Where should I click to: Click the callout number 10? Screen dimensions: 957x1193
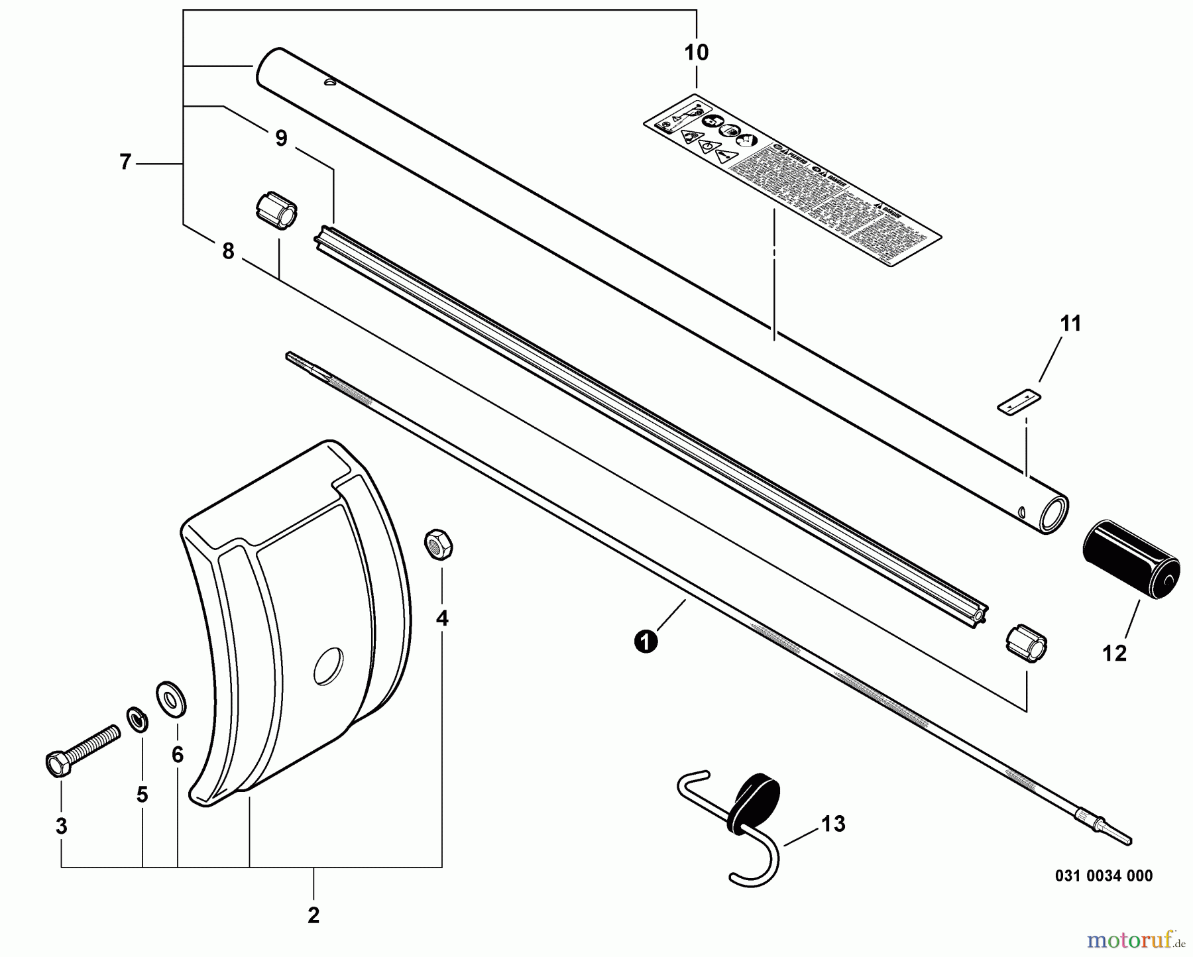point(696,52)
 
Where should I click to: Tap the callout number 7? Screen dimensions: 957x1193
point(126,162)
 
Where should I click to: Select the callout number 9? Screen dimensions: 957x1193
point(281,139)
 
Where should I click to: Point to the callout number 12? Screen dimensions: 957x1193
point(1114,653)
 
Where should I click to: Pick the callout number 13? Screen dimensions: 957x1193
point(833,824)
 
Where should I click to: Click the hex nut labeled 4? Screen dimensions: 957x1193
point(438,544)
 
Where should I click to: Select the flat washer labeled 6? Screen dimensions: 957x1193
point(171,699)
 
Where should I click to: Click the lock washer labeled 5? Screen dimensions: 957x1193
point(137,719)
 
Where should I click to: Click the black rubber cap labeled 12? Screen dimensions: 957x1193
point(1131,560)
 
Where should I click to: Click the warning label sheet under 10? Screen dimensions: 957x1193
point(792,180)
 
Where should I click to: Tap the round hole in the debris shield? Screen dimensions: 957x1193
point(329,665)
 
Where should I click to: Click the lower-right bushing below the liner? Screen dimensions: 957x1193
point(1026,643)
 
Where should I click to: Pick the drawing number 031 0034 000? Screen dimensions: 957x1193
point(1104,876)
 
